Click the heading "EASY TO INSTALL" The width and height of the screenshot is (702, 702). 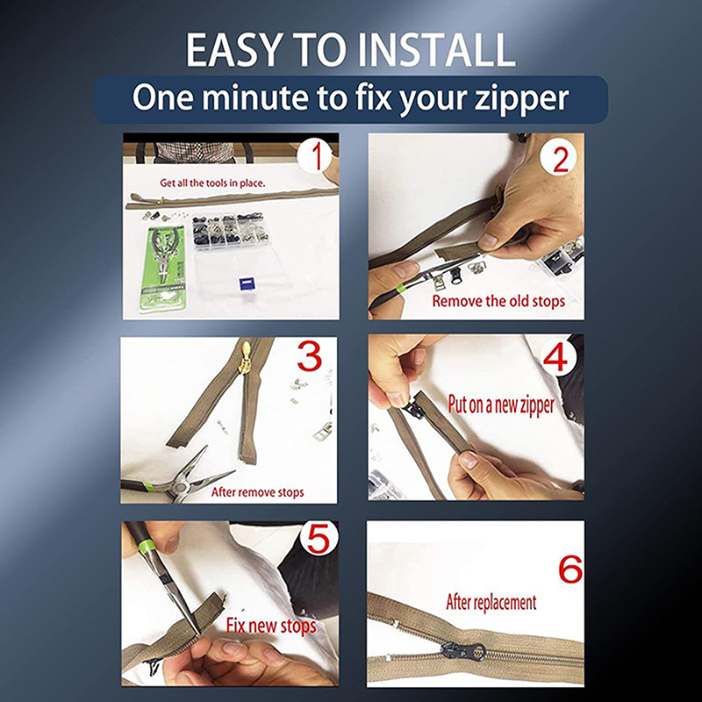point(350,49)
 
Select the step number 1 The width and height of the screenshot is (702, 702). point(317,157)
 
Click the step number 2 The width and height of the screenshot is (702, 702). point(561,160)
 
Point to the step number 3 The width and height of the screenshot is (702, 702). point(310,356)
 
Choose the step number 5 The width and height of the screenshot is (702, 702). point(319,539)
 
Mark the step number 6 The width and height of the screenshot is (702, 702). point(570,569)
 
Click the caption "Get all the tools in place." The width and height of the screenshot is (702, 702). point(212,183)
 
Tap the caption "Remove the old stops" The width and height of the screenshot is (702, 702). point(498,301)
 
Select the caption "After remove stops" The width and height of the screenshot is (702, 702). point(257,492)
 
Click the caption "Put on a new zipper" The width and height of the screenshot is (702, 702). point(501,405)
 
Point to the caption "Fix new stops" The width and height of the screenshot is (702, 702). point(271,626)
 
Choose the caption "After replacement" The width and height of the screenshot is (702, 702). point(491,602)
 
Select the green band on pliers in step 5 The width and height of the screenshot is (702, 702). point(145,545)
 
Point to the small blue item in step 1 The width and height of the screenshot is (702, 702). point(246,283)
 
